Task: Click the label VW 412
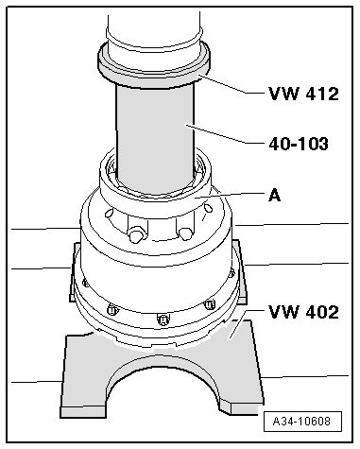302,94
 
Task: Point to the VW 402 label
302,311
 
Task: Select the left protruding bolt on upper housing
138,231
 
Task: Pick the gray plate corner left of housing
76,274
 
